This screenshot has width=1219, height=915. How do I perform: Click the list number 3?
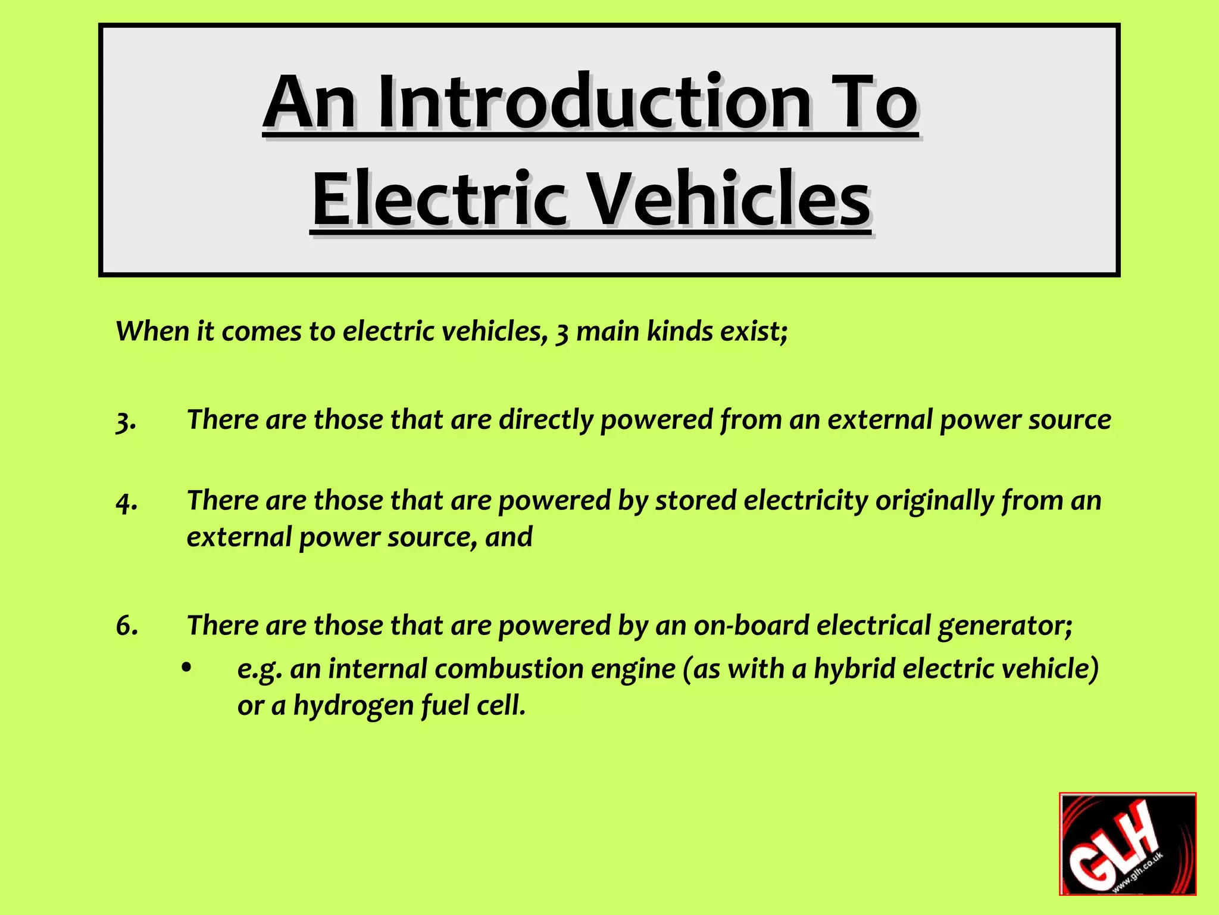[x=126, y=421]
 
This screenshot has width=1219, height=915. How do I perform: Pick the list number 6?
[x=127, y=626]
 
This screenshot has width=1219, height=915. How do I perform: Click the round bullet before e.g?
[x=187, y=668]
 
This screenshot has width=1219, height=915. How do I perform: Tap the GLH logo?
[x=1127, y=844]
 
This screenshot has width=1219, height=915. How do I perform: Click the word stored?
[x=695, y=500]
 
